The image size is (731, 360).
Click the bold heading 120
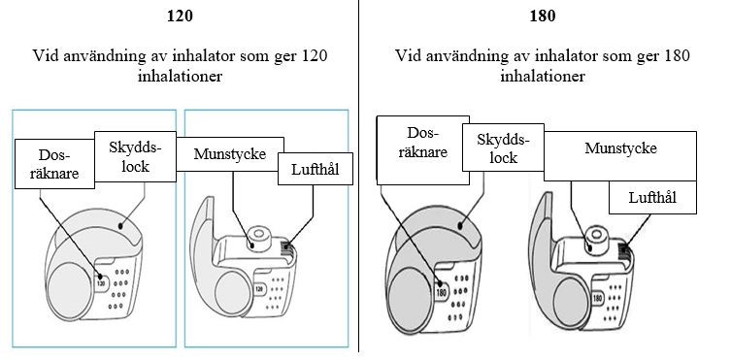pyautogui.click(x=180, y=16)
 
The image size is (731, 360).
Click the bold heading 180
pyautogui.click(x=543, y=16)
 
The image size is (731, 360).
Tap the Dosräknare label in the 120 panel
pyautogui.click(x=54, y=164)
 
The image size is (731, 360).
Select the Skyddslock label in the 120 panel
pyautogui.click(x=135, y=156)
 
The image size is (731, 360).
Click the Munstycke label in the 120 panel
pyautogui.click(x=230, y=154)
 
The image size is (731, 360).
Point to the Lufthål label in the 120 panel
pyautogui.click(x=316, y=169)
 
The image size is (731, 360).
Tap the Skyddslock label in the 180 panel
pyautogui.click(x=503, y=147)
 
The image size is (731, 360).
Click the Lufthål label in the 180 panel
pyautogui.click(x=652, y=197)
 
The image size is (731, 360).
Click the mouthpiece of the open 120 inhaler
pyautogui.click(x=255, y=240)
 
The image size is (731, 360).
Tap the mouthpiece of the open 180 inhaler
pyautogui.click(x=594, y=241)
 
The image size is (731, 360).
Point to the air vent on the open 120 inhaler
pyautogui.click(x=287, y=250)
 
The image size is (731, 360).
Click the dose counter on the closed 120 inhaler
pyautogui.click(x=101, y=281)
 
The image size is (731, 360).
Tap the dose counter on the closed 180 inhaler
pyautogui.click(x=442, y=293)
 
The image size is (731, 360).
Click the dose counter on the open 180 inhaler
pyautogui.click(x=597, y=298)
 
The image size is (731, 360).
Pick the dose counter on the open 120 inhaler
pyautogui.click(x=258, y=289)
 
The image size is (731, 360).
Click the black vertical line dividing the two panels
pyautogui.click(x=359, y=176)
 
